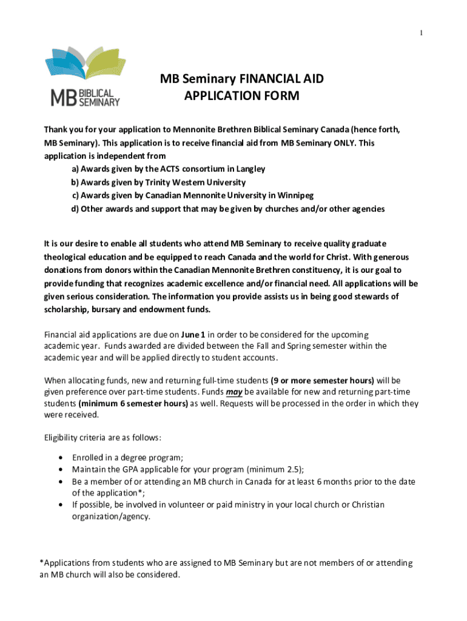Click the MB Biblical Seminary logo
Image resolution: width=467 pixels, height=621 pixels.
82,77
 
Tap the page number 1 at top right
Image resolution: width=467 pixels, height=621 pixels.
420,33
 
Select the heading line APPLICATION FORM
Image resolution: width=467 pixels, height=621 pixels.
241,96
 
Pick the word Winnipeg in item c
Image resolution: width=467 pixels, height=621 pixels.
294,195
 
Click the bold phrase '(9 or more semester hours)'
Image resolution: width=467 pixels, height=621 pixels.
322,380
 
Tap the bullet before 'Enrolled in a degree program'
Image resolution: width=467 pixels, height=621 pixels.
61,458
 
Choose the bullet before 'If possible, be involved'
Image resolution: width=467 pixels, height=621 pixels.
61,505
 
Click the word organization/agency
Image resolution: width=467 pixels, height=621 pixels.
110,517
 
